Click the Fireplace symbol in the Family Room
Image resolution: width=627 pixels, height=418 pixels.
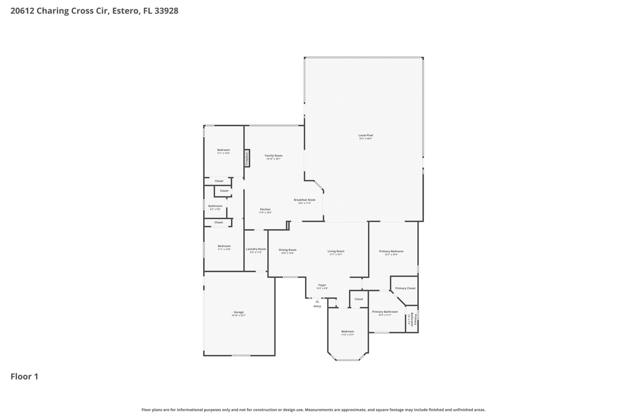(247, 158)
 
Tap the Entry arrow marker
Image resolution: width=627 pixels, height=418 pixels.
(317, 301)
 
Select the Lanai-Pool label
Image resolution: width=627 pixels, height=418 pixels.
(366, 135)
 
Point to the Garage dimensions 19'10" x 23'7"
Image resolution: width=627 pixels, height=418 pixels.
(239, 315)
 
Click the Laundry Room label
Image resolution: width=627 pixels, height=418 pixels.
(256, 249)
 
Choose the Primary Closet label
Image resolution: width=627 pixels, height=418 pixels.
(405, 288)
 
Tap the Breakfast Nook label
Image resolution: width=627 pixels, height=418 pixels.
(304, 200)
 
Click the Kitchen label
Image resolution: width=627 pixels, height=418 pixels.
(265, 209)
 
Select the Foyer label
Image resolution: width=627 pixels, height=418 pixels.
(322, 285)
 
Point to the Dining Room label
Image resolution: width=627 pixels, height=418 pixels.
(288, 250)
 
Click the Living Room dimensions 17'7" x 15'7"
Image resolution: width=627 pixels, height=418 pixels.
(336, 254)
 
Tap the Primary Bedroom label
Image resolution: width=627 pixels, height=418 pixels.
(391, 251)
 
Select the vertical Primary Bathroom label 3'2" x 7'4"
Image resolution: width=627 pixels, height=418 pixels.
(412, 319)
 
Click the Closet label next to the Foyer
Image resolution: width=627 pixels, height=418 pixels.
(359, 299)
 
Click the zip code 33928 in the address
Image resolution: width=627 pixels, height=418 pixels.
(166, 11)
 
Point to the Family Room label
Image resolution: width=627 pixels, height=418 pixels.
(274, 155)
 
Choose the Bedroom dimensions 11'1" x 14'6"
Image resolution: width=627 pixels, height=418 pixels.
(223, 153)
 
